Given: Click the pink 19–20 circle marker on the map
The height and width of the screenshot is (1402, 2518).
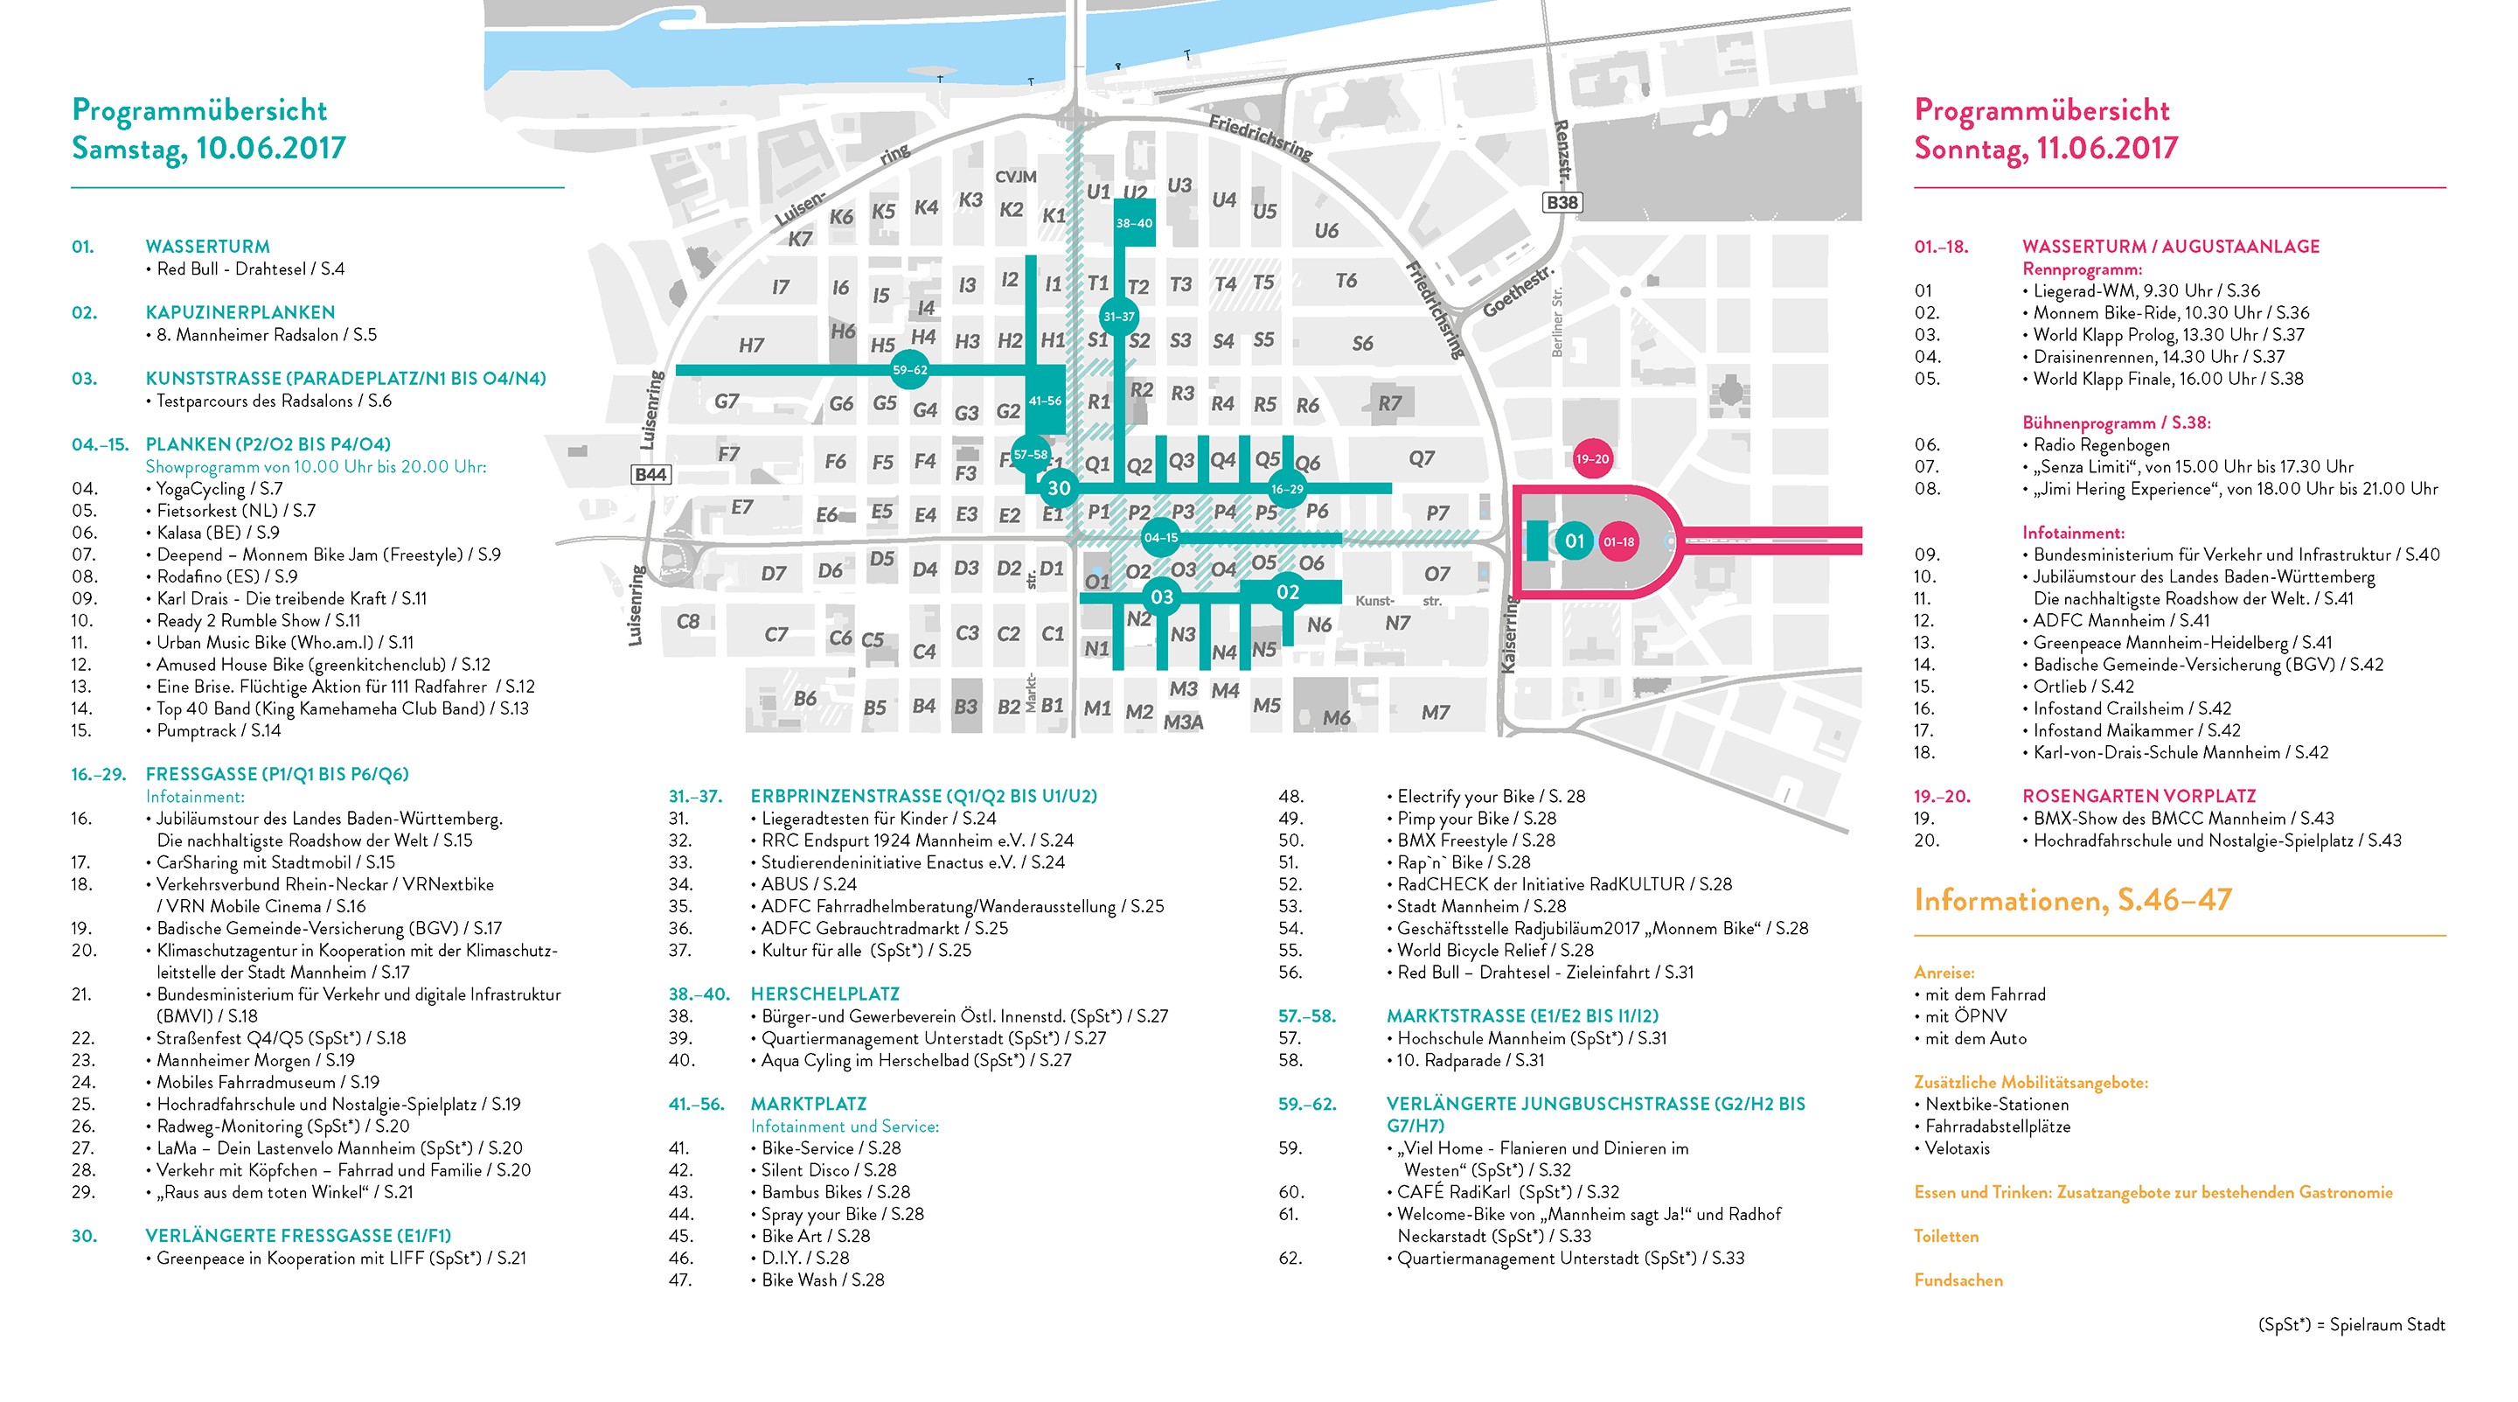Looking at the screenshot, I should tap(1591, 458).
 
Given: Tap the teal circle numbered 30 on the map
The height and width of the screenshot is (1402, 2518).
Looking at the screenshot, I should tap(1059, 487).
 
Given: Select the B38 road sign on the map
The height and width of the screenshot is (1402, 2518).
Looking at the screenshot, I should tap(1561, 202).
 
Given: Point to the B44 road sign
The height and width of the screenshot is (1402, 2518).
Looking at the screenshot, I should tap(651, 474).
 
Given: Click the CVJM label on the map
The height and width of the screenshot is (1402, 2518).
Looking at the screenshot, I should tap(1016, 177).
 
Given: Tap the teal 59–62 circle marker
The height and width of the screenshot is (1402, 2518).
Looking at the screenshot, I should tap(909, 370).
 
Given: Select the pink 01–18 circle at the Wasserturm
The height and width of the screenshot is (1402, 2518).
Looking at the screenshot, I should tap(1618, 541).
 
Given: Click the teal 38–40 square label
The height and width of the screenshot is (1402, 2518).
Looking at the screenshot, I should tap(1134, 223).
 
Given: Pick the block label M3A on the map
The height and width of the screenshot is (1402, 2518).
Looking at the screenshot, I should tap(1183, 722).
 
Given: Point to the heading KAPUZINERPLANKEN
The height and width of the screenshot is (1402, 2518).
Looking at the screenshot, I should tap(240, 313).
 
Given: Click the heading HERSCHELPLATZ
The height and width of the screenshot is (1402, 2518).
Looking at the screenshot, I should tap(825, 994).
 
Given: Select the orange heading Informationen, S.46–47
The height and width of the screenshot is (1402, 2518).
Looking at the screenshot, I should tap(2072, 899).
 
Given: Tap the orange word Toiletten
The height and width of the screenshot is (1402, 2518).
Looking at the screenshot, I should tap(1946, 1237).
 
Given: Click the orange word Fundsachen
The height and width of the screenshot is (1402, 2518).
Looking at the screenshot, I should tap(1958, 1280).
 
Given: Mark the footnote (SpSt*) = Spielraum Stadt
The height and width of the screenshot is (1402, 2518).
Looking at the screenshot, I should tap(2351, 1325).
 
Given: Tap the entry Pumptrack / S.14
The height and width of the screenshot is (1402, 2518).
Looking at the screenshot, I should tap(218, 730).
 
